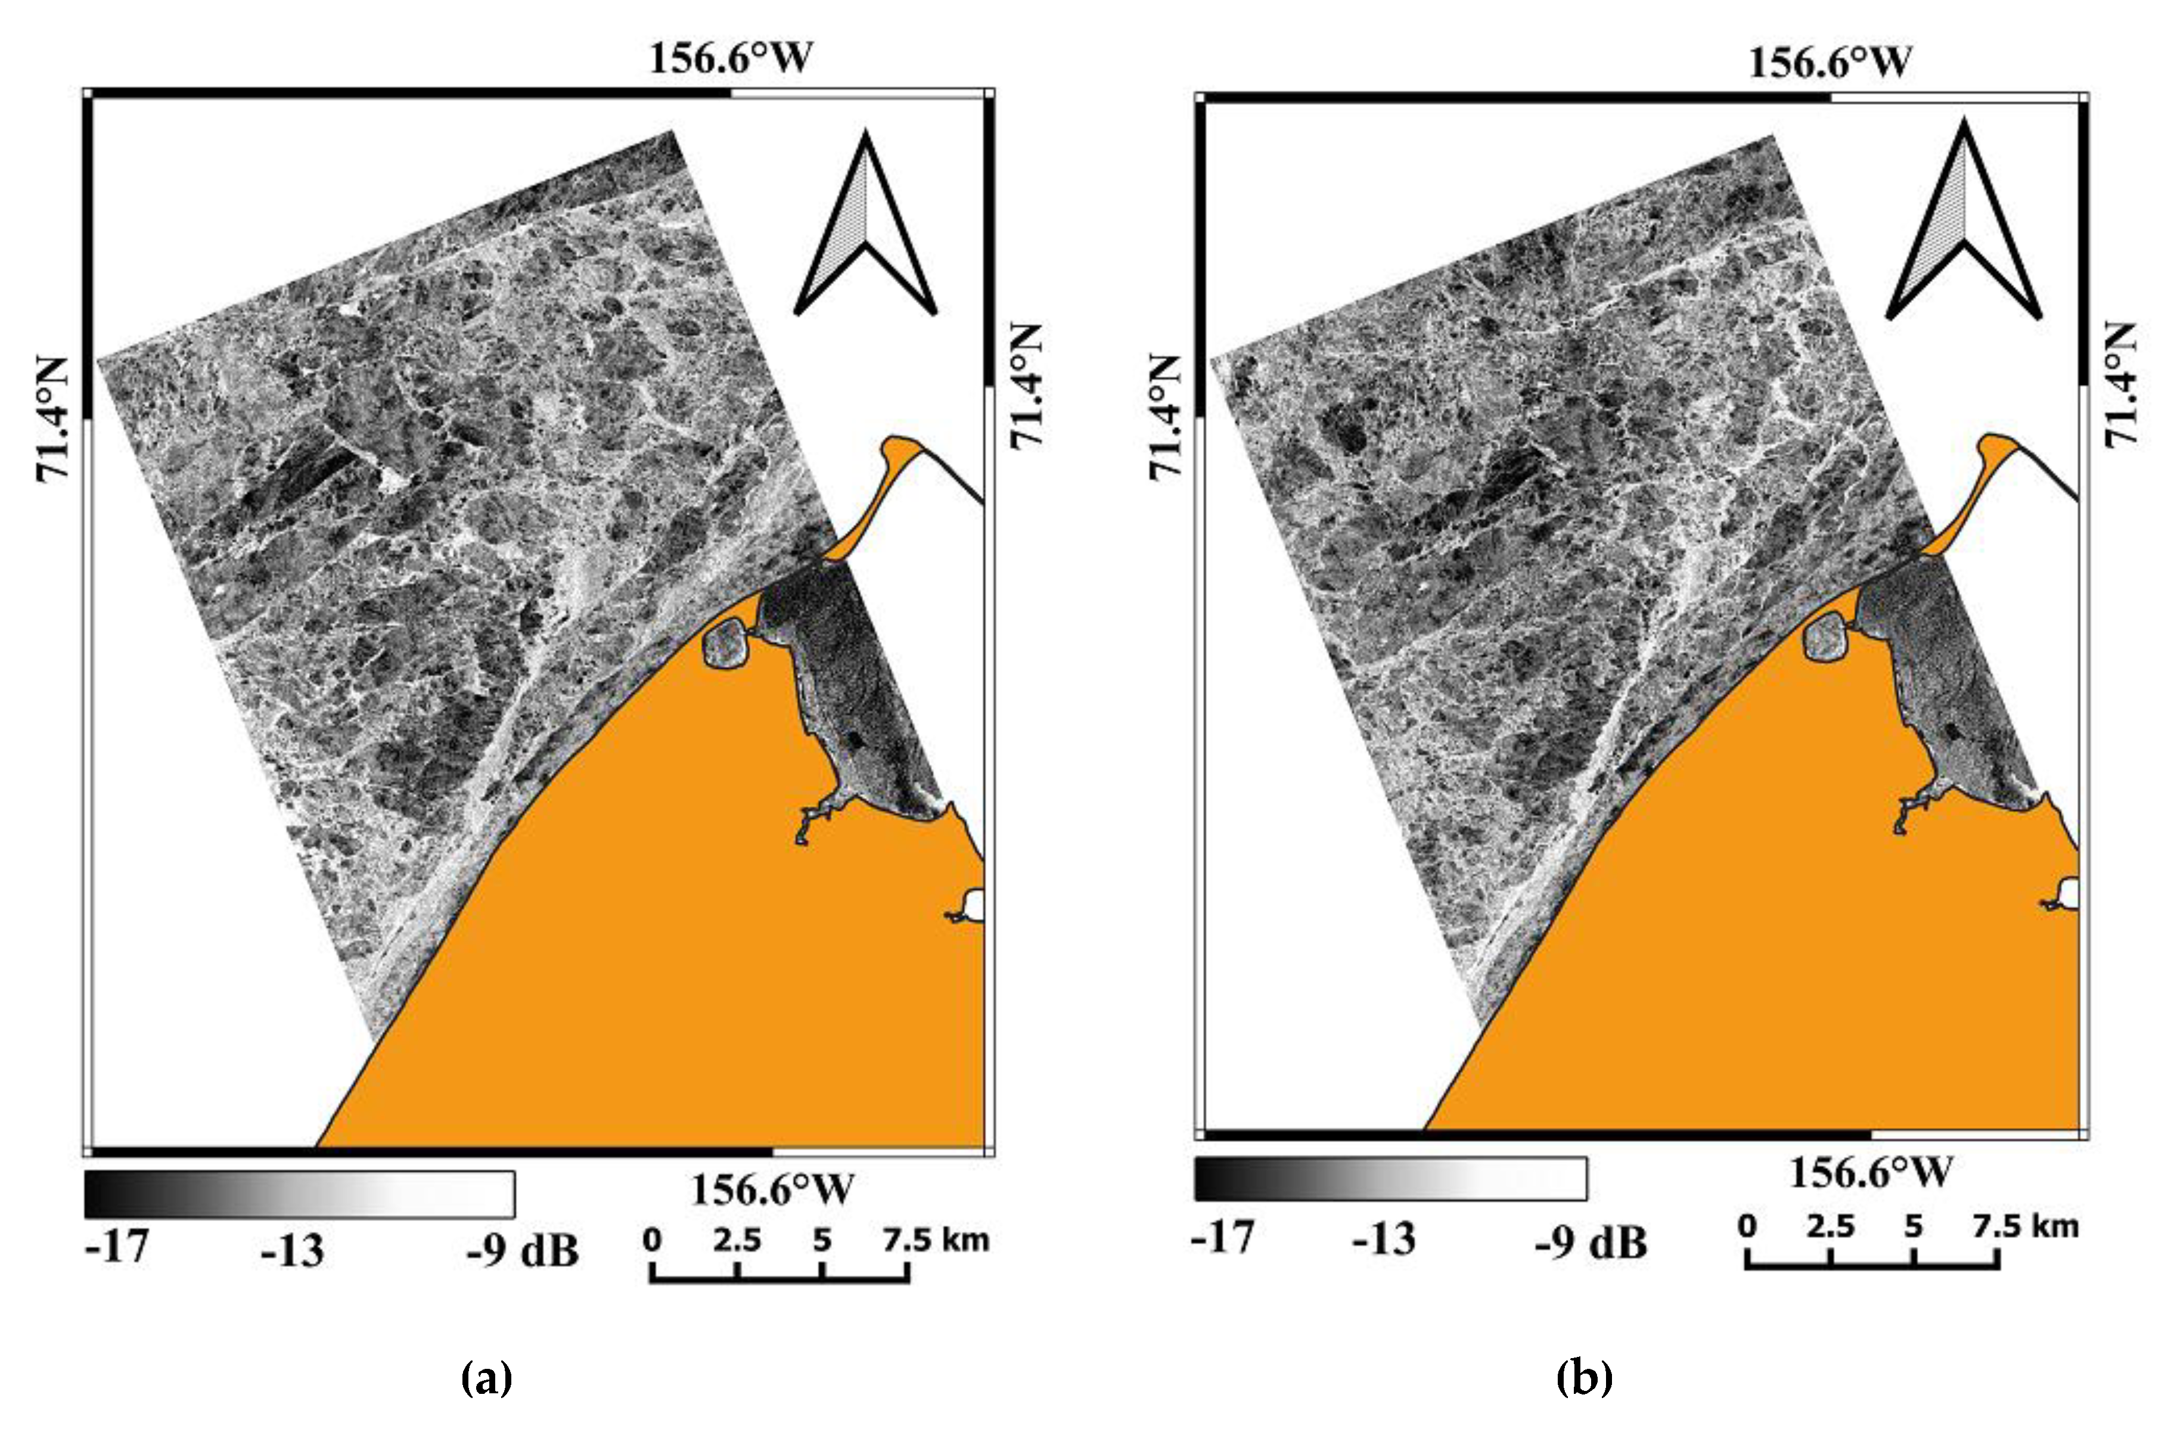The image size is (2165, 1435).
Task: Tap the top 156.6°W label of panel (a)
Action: [730, 58]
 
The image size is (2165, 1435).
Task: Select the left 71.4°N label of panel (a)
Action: [53, 418]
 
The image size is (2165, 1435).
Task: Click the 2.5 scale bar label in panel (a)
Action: [737, 1241]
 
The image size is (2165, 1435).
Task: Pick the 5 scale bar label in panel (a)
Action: [822, 1241]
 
